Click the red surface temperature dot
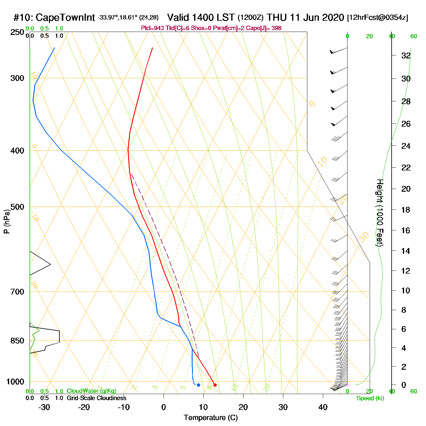(215, 385)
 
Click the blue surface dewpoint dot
(198, 385)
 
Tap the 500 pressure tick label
(17, 207)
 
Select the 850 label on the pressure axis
(17, 341)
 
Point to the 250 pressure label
(17, 32)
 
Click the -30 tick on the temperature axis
(44, 407)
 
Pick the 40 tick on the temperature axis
(323, 407)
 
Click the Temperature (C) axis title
(211, 418)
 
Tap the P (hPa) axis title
(7, 221)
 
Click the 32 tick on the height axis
(406, 56)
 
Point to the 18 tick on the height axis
(406, 210)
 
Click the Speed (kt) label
(370, 398)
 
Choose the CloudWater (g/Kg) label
(91, 391)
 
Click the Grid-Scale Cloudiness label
(96, 398)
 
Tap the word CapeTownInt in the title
(65, 18)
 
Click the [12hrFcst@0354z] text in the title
(377, 18)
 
